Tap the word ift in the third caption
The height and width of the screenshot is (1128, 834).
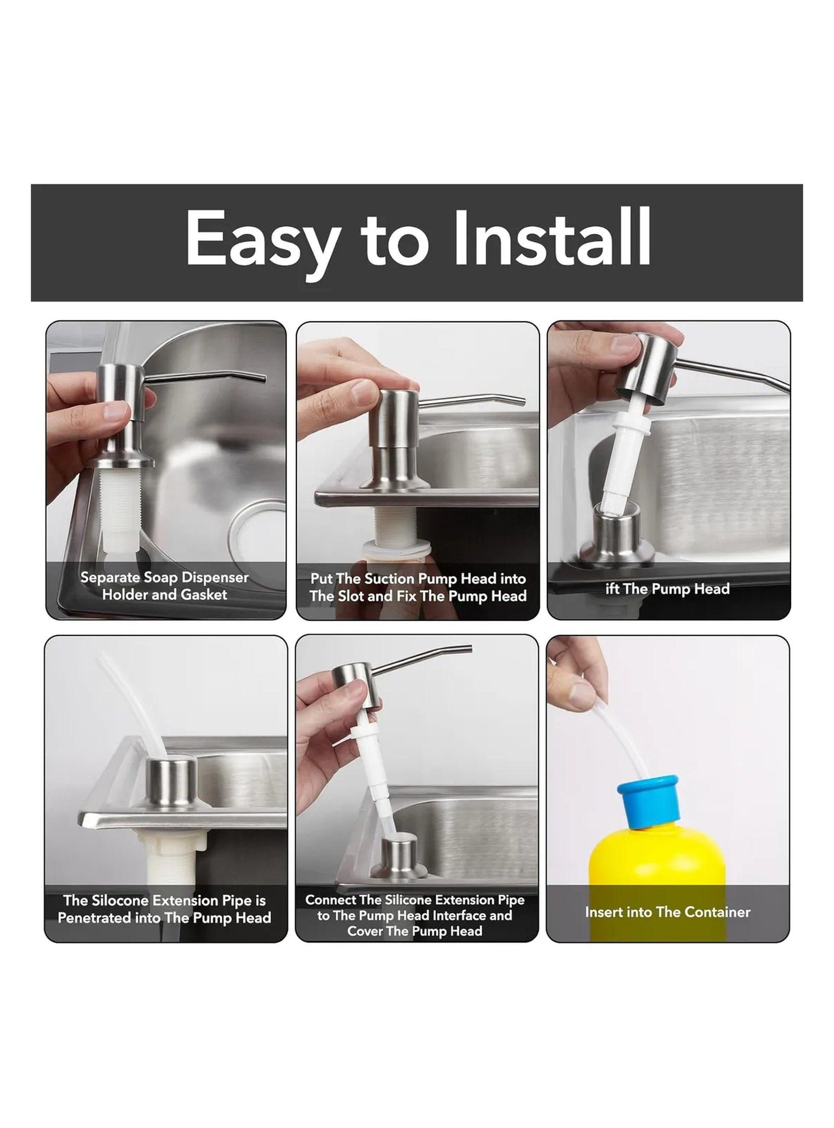[x=613, y=588]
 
